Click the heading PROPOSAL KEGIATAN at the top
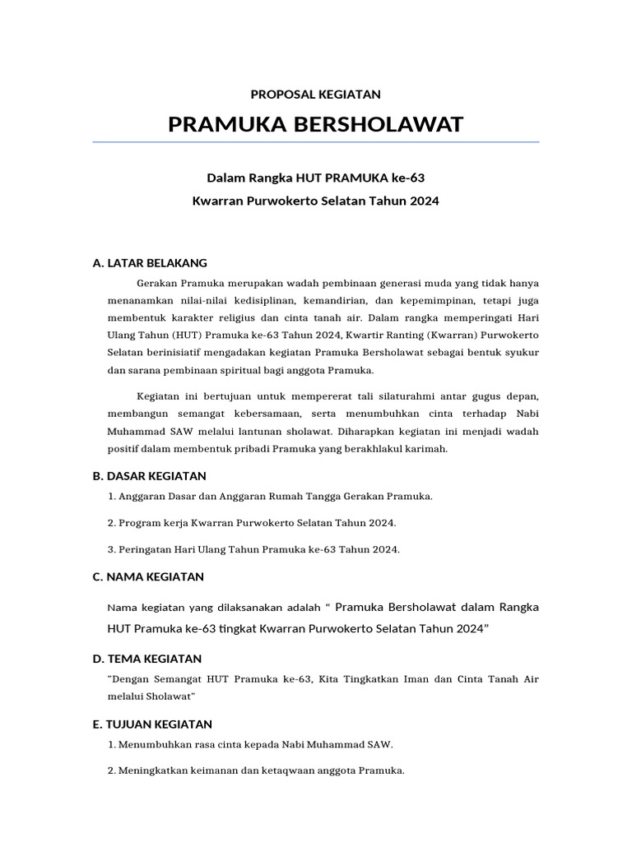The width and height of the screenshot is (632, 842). pyautogui.click(x=315, y=95)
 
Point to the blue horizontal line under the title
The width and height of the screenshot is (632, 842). pyautogui.click(x=315, y=142)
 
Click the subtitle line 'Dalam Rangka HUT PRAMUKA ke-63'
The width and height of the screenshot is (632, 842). pyautogui.click(x=315, y=177)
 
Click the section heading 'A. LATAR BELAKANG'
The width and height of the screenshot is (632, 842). pyautogui.click(x=150, y=263)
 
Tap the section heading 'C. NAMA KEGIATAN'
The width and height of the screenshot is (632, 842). pyautogui.click(x=148, y=577)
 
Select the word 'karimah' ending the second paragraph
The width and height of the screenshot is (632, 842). pyautogui.click(x=426, y=448)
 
